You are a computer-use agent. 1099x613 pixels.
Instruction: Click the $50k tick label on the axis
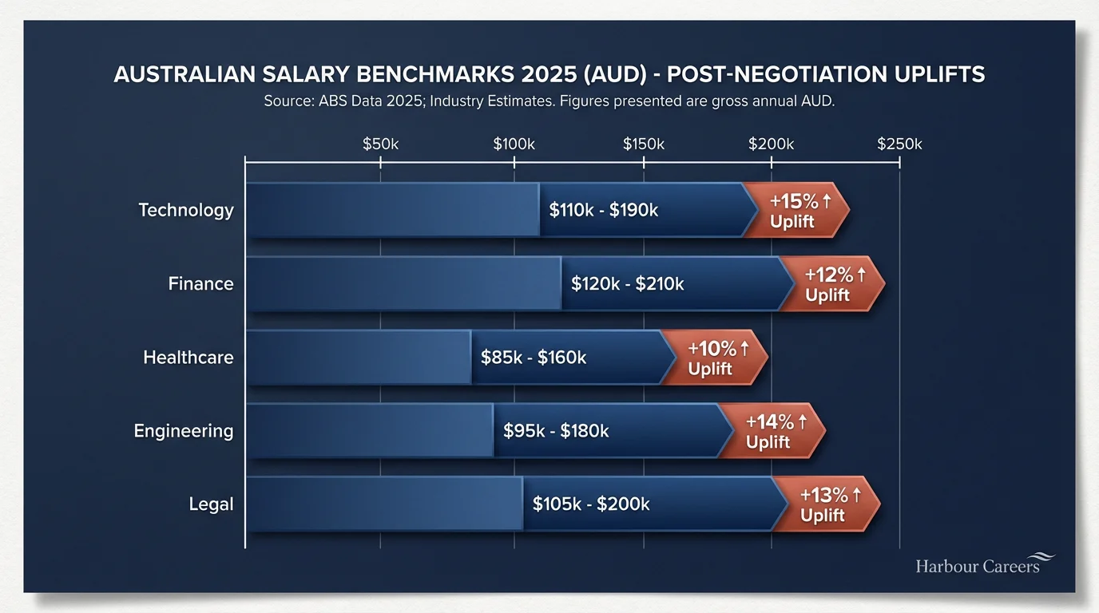[380, 144]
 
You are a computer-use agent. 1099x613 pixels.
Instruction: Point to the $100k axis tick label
[514, 144]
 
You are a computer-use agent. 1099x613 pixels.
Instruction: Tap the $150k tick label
[643, 144]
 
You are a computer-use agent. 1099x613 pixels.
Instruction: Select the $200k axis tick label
[771, 144]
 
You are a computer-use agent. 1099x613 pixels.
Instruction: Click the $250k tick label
[899, 144]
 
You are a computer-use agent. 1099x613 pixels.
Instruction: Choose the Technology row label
[186, 210]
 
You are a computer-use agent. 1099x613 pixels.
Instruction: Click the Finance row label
[201, 283]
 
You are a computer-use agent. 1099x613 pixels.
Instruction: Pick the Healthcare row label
[188, 357]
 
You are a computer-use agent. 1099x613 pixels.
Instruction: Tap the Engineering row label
[184, 431]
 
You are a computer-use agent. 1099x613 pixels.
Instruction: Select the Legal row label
[212, 504]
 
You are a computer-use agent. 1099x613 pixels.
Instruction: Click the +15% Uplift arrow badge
[795, 211]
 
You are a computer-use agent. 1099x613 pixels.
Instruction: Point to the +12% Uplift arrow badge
[831, 284]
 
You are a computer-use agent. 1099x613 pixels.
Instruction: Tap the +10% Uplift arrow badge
[714, 358]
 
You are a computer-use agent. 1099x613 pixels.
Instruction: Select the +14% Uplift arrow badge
[772, 431]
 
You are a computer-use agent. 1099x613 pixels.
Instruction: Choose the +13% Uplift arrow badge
[826, 504]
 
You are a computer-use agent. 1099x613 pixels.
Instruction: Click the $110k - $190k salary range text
[604, 211]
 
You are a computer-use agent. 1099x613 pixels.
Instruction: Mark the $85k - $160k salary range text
[534, 358]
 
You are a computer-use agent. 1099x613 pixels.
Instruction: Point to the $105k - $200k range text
[591, 504]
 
